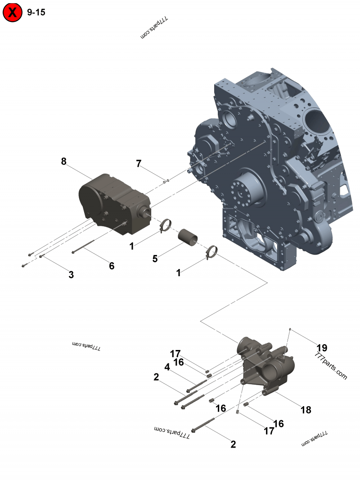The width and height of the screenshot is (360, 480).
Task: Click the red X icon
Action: pos(13,13)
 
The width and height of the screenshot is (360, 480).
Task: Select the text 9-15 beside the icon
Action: pos(36,13)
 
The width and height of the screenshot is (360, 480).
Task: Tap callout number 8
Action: pos(64,161)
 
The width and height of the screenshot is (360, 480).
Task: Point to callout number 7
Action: pos(139,164)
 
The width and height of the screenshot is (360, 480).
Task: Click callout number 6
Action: pos(112,266)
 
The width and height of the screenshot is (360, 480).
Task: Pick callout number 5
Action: pos(155,259)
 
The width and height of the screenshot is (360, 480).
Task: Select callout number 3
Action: pos(71,274)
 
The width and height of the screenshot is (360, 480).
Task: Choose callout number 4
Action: pos(167,367)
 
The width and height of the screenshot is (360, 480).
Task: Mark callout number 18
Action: pos(306,410)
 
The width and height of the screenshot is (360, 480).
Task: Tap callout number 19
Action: pos(321,348)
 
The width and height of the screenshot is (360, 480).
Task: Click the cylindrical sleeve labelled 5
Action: pos(188,238)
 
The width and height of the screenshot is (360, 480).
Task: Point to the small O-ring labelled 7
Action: pos(166,182)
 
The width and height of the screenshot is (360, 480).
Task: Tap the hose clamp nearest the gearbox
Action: pos(165,224)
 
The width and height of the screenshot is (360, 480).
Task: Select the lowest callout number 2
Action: pos(233,444)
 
